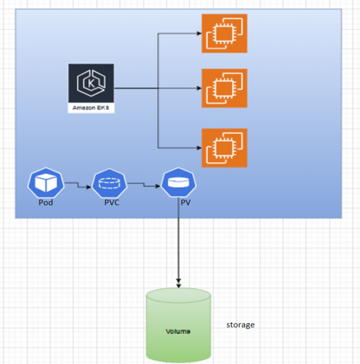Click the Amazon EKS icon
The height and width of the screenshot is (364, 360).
pos(91,83)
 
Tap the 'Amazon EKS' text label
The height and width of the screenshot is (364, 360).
pos(91,108)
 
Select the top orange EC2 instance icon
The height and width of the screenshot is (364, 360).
pos(225,34)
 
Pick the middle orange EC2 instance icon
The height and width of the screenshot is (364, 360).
pos(225,88)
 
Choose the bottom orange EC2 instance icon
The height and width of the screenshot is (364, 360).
pos(225,148)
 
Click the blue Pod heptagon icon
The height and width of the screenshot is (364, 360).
pos(46,184)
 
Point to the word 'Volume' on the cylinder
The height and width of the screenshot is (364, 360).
pos(178,332)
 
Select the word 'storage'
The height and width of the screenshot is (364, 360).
pos(240,325)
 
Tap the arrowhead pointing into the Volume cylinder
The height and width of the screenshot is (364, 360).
pos(178,283)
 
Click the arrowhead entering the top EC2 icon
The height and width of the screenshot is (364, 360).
pos(198,34)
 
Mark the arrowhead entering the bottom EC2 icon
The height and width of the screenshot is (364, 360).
pos(198,148)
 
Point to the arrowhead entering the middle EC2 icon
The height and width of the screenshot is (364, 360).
pos(198,88)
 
